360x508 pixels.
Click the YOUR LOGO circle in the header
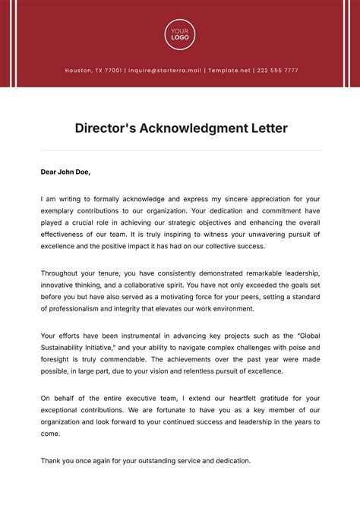180,34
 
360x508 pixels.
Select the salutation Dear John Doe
65,172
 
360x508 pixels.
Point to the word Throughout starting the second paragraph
62,273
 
